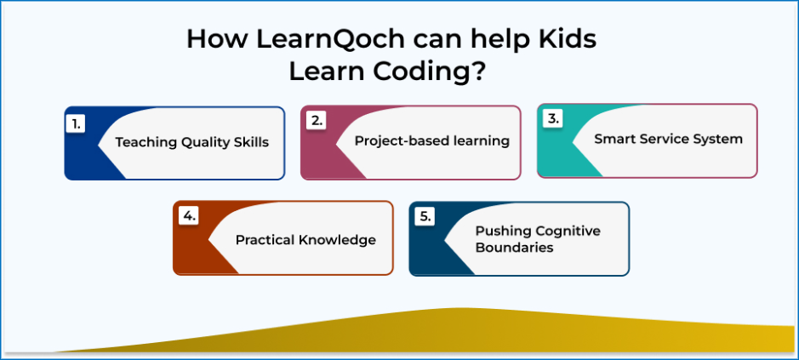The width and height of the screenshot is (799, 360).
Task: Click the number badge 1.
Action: point(76,124)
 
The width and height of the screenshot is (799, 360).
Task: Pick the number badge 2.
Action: point(316,120)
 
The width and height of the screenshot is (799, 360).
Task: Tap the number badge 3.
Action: point(552,119)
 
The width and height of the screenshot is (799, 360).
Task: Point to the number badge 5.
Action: point(425,217)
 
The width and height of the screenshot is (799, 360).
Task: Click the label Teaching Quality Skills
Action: point(191,142)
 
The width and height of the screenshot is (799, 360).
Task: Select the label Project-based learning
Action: point(432,140)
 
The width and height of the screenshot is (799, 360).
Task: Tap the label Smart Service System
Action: point(668,138)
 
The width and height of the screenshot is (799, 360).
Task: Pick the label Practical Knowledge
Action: point(305,240)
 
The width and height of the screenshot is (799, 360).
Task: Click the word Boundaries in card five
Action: point(514,249)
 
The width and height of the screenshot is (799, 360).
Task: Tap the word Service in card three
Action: point(662,138)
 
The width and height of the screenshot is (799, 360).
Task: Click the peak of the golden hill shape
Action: point(461,308)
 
